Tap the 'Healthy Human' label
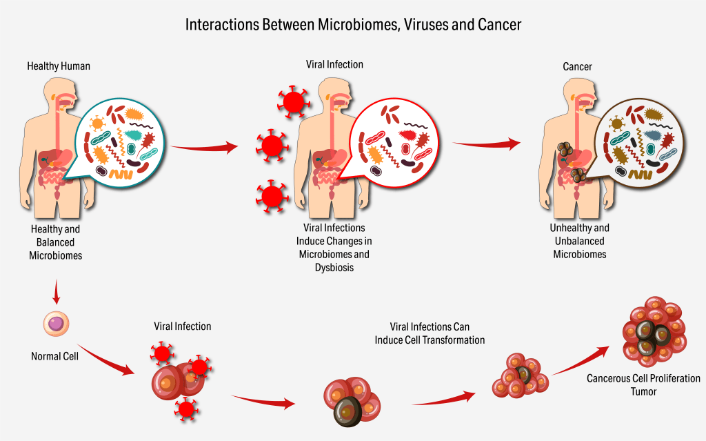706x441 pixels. click(59, 66)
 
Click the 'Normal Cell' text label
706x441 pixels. click(55, 356)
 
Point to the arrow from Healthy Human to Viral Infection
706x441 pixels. click(203, 146)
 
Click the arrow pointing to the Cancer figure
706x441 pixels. click(486, 144)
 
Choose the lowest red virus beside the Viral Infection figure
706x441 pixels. click(270, 195)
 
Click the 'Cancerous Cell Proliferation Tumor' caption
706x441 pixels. click(643, 384)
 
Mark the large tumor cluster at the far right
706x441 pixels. click(654, 332)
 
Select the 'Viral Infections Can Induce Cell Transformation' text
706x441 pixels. click(430, 333)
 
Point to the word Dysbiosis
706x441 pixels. click(334, 267)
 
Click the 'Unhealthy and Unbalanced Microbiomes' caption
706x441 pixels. click(579, 241)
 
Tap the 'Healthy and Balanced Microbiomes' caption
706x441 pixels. click(55, 242)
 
